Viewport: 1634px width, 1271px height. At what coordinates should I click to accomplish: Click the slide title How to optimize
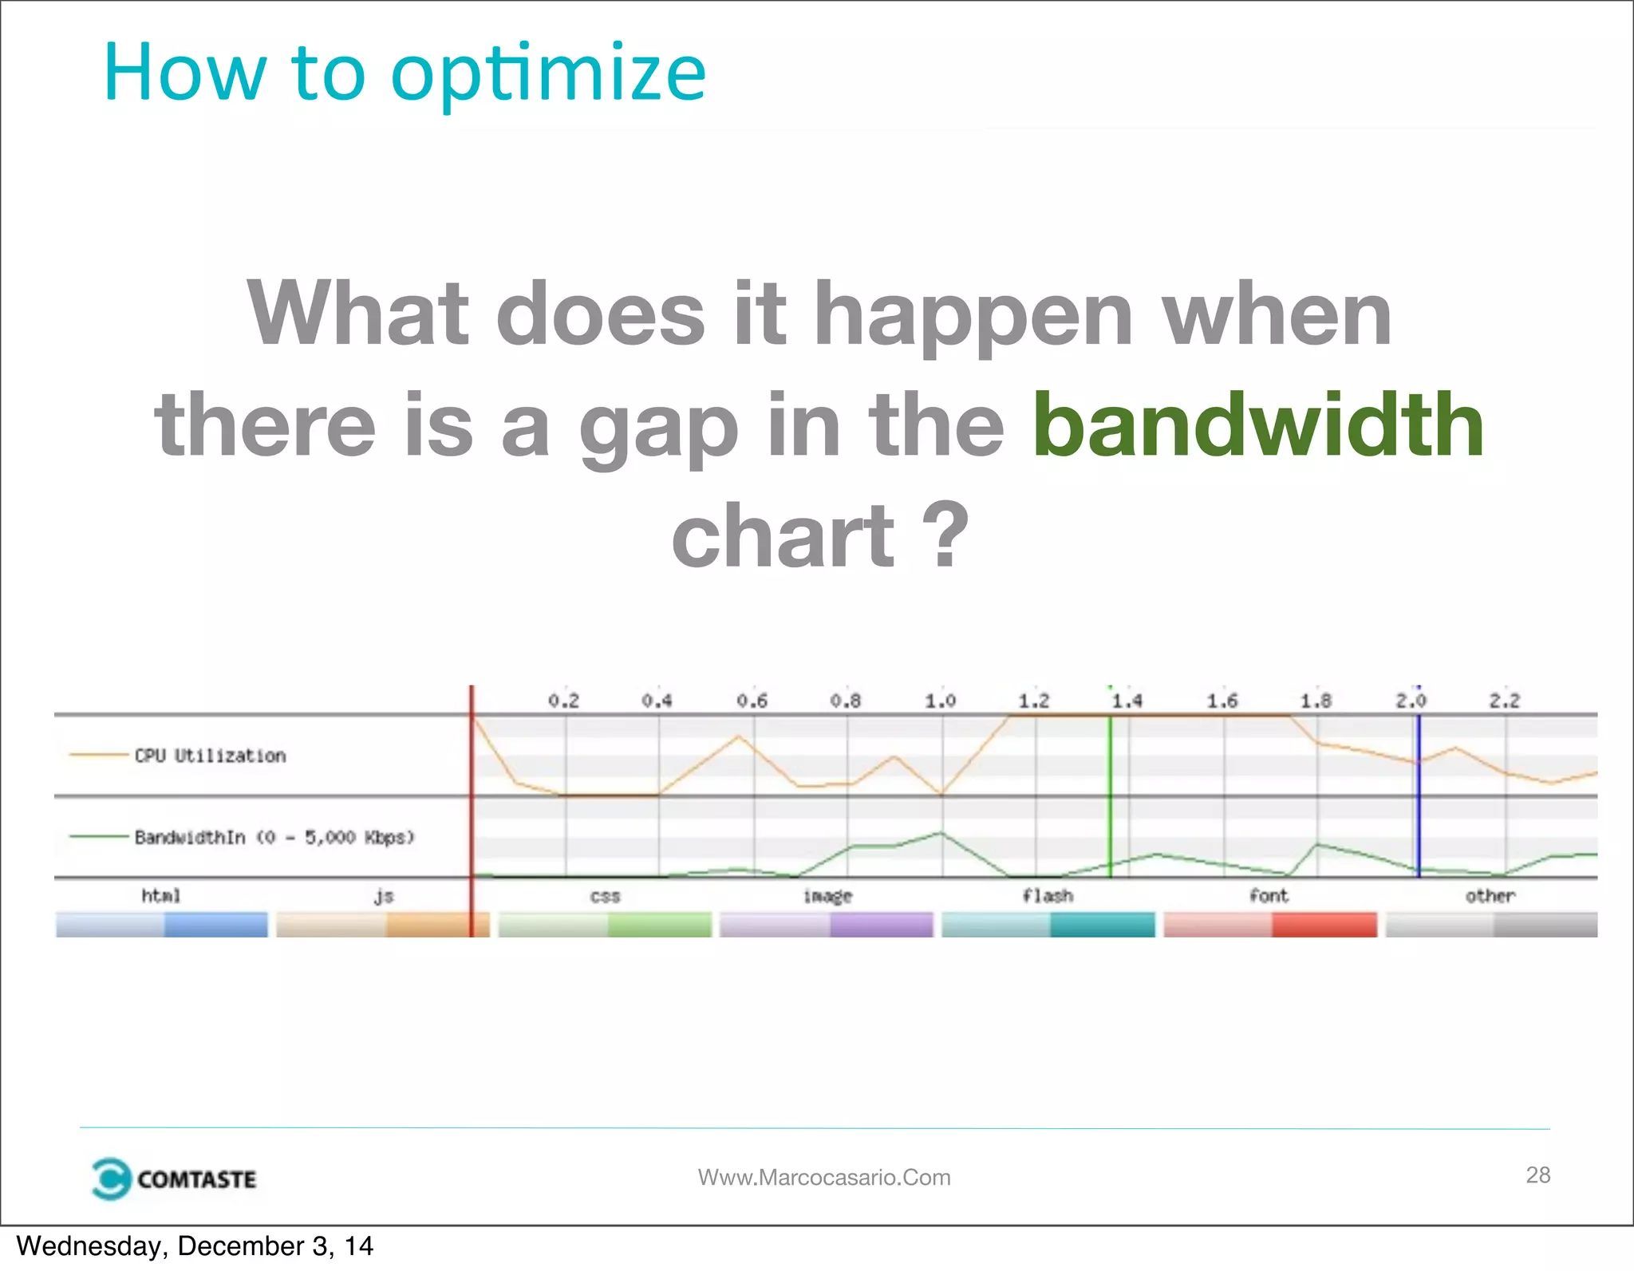click(405, 73)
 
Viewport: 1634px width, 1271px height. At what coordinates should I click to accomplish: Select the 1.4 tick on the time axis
click(1127, 701)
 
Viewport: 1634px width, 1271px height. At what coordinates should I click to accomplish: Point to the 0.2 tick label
click(563, 701)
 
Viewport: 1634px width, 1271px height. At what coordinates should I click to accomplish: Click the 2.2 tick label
click(1504, 701)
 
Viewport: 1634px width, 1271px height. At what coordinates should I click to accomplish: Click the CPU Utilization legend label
click(210, 756)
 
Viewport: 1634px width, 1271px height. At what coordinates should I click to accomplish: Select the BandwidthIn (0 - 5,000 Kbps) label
click(274, 837)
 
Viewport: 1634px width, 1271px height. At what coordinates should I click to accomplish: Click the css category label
click(605, 896)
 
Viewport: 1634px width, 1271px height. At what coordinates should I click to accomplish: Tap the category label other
click(1490, 896)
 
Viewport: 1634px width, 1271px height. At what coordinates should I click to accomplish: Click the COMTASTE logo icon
click(110, 1178)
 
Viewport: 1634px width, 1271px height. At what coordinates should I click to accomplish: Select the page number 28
click(1537, 1174)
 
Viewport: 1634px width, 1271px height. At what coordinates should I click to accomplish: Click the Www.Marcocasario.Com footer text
click(824, 1177)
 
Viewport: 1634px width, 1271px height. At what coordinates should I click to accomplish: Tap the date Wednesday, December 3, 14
click(195, 1246)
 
